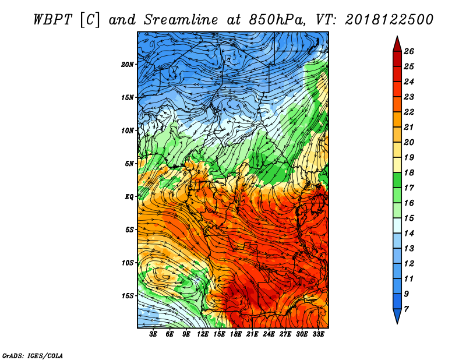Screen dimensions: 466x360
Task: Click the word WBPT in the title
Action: (52, 20)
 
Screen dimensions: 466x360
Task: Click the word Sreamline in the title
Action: (181, 20)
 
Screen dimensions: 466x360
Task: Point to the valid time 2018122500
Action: (389, 20)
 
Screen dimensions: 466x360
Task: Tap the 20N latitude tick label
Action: (128, 65)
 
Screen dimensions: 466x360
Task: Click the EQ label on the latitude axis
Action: (129, 197)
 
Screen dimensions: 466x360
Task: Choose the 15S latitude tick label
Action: (128, 296)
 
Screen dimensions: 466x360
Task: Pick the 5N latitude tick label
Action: (129, 164)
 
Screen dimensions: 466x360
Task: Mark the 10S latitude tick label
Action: (128, 263)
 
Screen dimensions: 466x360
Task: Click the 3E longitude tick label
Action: (153, 334)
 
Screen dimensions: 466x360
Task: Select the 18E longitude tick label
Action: (236, 334)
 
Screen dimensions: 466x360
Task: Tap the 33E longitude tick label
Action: (318, 334)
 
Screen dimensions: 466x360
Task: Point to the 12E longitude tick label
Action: (203, 334)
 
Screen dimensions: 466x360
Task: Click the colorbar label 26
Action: (409, 51)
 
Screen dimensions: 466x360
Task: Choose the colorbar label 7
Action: (406, 309)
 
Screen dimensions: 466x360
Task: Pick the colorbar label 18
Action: (409, 172)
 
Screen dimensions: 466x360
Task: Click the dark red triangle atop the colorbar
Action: (397, 44)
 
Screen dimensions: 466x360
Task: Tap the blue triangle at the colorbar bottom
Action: (397, 316)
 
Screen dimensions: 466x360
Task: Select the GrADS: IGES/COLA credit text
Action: (33, 355)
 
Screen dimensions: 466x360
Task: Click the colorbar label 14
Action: (409, 234)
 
